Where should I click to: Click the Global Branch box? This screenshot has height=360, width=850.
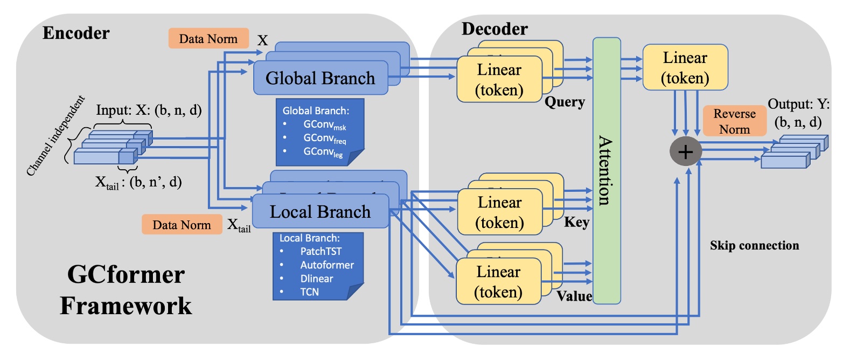point(321,78)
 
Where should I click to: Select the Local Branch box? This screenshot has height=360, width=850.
point(321,212)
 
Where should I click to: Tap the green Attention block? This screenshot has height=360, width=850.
point(607,170)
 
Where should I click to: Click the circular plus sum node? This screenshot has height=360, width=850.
point(685,152)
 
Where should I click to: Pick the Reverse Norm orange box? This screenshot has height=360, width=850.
point(735,121)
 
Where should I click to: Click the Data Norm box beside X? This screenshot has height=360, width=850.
point(208,39)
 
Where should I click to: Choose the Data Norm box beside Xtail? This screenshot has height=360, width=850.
point(182,225)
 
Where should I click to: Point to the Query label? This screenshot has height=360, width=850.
point(565,102)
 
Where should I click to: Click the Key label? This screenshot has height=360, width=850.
point(576,222)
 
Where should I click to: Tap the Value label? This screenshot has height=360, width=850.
point(574,296)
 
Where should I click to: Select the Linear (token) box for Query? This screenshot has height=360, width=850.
point(499,80)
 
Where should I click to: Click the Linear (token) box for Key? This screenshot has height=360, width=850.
point(500,212)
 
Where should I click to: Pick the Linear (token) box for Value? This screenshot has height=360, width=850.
point(498,282)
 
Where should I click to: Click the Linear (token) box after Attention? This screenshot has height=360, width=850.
point(685,67)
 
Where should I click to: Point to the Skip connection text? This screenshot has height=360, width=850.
point(754,246)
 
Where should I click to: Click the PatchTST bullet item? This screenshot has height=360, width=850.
point(321,251)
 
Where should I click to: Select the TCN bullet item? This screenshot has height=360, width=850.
point(310,292)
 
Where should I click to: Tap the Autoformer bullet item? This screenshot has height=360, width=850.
point(327,265)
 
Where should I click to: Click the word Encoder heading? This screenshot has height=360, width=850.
point(76,33)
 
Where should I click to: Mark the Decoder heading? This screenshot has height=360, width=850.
point(494,29)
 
